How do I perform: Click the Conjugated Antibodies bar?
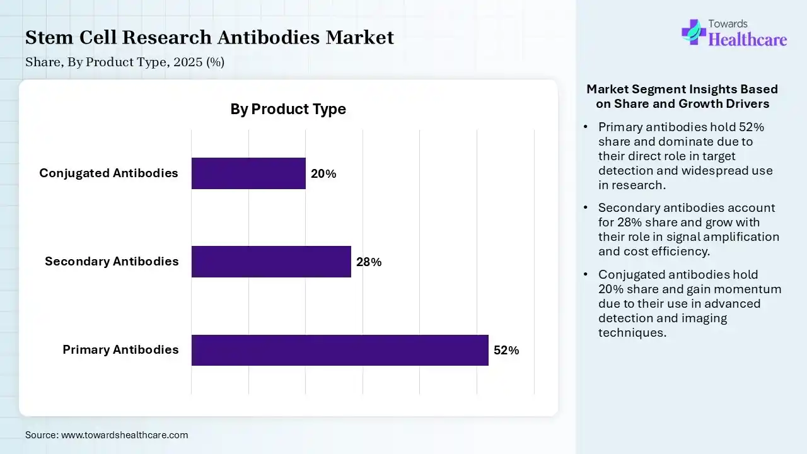[x=248, y=173]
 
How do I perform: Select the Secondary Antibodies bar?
[x=271, y=262]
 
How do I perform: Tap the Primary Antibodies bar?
[x=340, y=350]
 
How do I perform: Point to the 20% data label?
[x=323, y=174]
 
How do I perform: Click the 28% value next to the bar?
[x=369, y=262]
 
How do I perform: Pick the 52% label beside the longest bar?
[x=506, y=351]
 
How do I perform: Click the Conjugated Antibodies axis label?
[x=108, y=173]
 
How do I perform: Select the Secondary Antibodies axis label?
[x=112, y=262]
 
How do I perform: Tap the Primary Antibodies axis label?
[x=120, y=350]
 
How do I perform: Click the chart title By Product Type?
[x=288, y=109]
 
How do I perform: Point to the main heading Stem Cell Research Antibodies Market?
[x=209, y=38]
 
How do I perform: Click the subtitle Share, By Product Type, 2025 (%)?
[x=125, y=62]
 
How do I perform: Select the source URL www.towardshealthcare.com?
[x=124, y=435]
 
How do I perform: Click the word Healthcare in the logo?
[x=748, y=40]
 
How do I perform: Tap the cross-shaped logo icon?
[x=694, y=32]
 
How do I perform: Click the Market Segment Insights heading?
[x=682, y=96]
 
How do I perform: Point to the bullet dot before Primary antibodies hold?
[x=586, y=127]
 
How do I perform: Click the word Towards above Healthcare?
[x=728, y=24]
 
